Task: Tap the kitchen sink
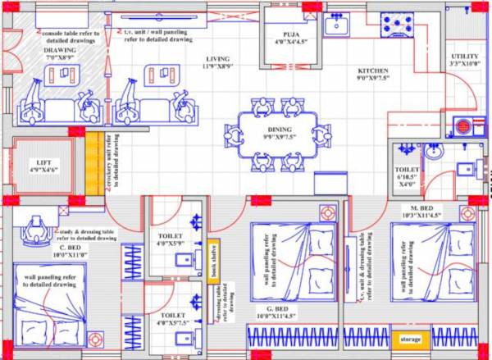336,26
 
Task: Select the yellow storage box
410,339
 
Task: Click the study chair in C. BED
34,229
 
